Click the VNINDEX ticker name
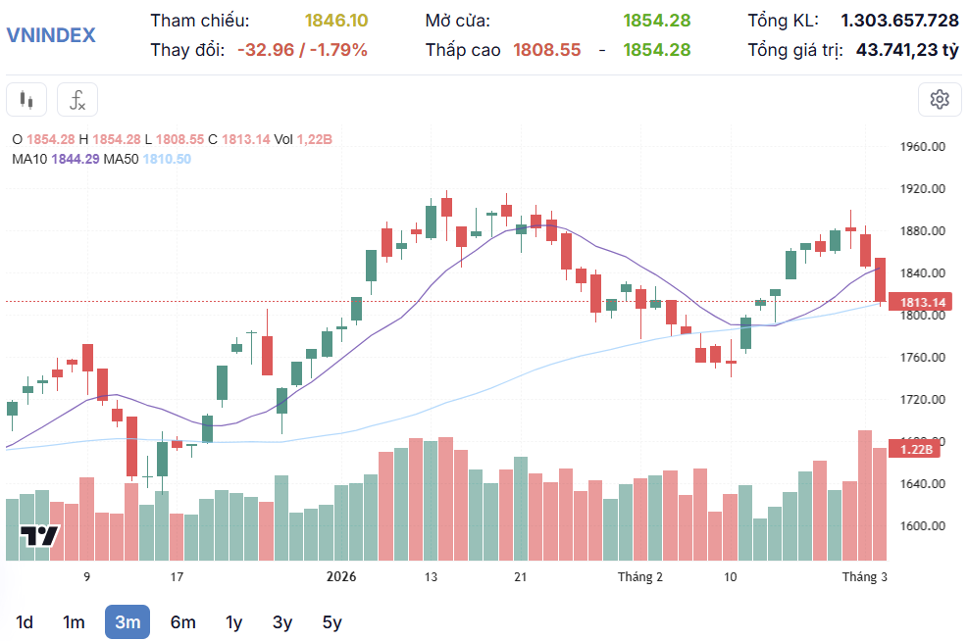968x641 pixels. pos(51,35)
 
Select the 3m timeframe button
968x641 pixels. pos(127,621)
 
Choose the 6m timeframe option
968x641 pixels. pos(182,621)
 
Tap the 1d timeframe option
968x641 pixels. pos(25,621)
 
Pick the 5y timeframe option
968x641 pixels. pos(332,621)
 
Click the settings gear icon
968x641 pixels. pos(940,99)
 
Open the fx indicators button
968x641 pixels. pos(77,99)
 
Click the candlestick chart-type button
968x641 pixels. pos(26,99)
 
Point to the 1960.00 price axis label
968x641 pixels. pos(922,147)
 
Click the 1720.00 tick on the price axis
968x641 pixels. pos(922,400)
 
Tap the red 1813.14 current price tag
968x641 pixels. pos(922,303)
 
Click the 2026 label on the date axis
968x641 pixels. pos(341,577)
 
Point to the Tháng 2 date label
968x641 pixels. pos(640,577)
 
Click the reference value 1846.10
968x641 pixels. pos(336,20)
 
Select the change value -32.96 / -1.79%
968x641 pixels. pos(302,49)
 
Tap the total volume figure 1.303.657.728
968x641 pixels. pos(899,20)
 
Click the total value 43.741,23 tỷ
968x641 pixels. pos(907,49)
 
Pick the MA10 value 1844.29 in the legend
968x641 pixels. pos(76,159)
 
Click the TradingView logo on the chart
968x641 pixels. pos(40,536)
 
